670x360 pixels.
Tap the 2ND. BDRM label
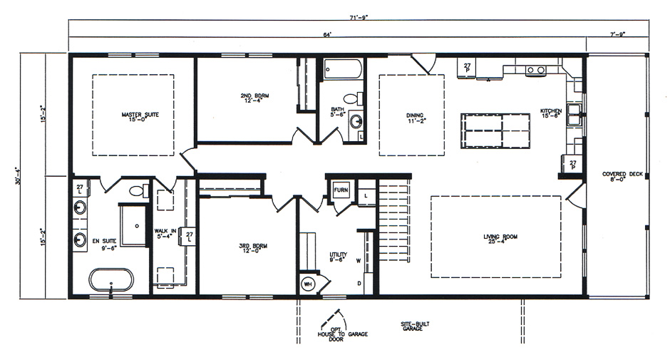coord(254,98)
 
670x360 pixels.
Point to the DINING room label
coord(416,117)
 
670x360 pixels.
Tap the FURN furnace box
coord(341,190)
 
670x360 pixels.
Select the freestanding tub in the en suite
coord(111,279)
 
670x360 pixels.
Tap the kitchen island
coord(495,130)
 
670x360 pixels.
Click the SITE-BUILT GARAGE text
coord(415,326)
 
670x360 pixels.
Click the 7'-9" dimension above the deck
coord(617,34)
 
